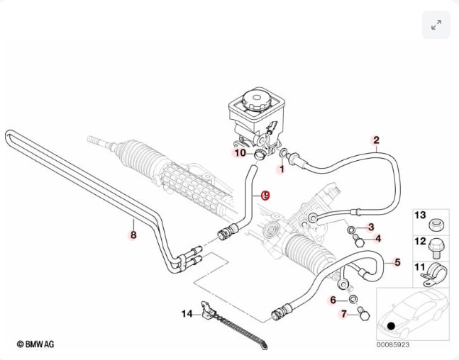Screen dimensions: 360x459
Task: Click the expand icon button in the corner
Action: click(x=436, y=25)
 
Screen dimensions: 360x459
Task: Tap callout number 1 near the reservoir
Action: click(x=281, y=169)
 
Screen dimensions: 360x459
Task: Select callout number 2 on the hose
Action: click(x=376, y=140)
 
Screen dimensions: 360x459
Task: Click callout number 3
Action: click(x=371, y=227)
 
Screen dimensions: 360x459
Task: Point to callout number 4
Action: click(x=377, y=239)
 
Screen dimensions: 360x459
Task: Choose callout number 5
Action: click(x=397, y=263)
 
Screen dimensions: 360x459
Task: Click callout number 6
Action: click(x=333, y=300)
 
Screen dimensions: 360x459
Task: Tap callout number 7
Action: click(x=345, y=313)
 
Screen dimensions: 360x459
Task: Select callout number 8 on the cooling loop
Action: click(x=133, y=235)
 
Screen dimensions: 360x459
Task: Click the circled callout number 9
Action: click(x=266, y=195)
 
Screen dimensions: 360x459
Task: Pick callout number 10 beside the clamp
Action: click(x=240, y=152)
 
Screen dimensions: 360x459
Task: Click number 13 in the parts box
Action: click(x=419, y=215)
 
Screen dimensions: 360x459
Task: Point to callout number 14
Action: click(x=187, y=313)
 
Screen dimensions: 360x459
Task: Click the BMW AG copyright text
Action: click(x=35, y=344)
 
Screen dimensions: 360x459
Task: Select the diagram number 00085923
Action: click(x=392, y=345)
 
